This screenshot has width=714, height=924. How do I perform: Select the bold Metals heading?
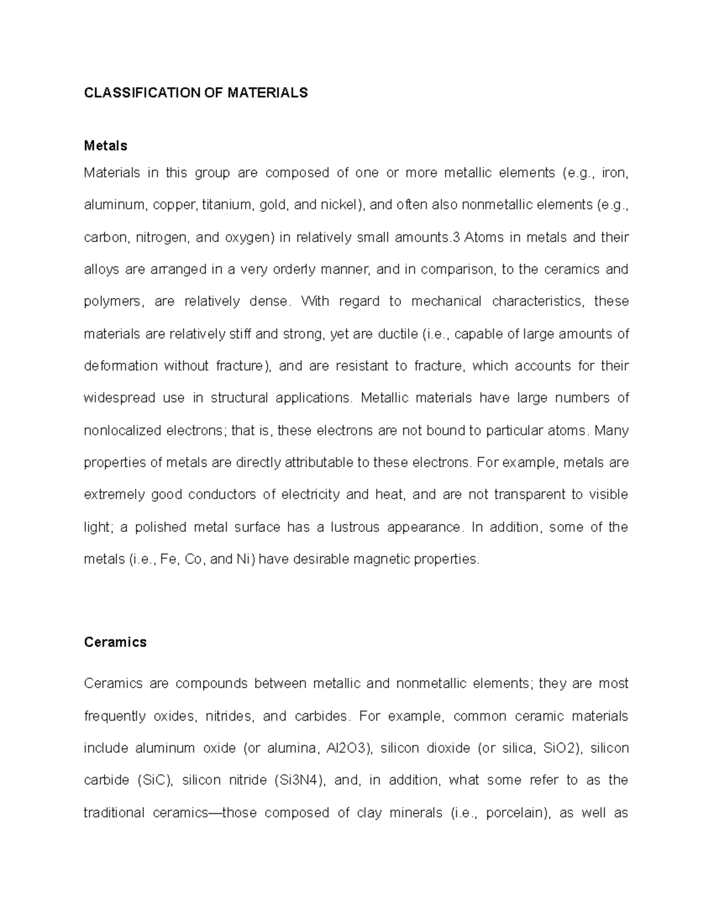pyautogui.click(x=106, y=146)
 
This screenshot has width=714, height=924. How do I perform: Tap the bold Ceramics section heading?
pyautogui.click(x=115, y=643)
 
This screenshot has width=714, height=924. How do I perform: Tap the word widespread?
pyautogui.click(x=118, y=398)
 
